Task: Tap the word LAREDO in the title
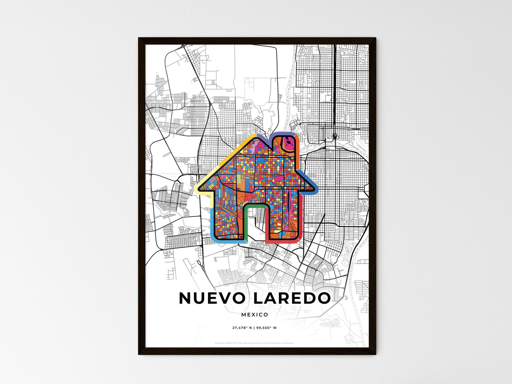(x=292, y=298)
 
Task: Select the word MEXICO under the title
(x=255, y=315)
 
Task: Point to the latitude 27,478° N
(x=242, y=328)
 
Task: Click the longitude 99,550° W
(x=266, y=328)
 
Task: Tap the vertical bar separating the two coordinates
(x=254, y=328)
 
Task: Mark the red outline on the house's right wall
(x=300, y=220)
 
